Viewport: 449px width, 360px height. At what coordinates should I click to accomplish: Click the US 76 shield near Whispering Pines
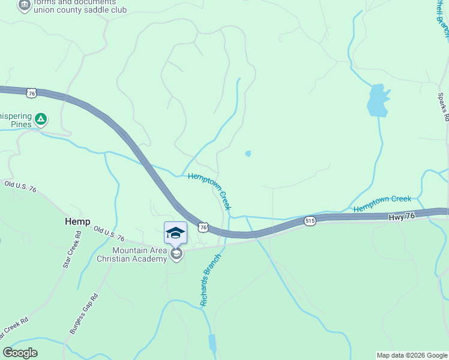(x=32, y=93)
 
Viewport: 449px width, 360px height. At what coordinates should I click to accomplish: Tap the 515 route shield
(x=310, y=221)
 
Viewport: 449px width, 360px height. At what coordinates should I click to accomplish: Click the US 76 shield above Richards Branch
(x=203, y=227)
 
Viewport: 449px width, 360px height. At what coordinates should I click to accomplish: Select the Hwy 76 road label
(x=402, y=216)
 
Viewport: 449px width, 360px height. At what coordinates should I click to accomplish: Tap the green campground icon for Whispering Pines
(x=41, y=119)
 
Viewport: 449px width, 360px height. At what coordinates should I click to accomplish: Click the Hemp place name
(x=77, y=221)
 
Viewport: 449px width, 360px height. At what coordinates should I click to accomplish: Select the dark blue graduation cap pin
(x=175, y=233)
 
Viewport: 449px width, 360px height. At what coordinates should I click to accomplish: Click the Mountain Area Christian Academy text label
(x=139, y=254)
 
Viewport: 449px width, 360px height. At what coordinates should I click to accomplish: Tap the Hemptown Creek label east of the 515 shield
(x=382, y=203)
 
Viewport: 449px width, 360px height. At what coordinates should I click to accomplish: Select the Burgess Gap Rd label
(x=83, y=313)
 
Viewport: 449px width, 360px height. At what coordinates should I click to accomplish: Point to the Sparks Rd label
(x=443, y=107)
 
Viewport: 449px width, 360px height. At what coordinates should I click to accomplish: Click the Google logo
(x=20, y=353)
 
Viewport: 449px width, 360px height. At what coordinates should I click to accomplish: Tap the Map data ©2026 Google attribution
(x=411, y=355)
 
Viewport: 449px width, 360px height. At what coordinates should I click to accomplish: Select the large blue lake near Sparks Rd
(x=377, y=101)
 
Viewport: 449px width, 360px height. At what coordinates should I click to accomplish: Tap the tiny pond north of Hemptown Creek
(x=248, y=154)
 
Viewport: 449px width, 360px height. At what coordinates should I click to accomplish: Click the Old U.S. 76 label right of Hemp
(x=109, y=233)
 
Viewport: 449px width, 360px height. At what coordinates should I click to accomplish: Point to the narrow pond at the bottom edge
(x=212, y=343)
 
